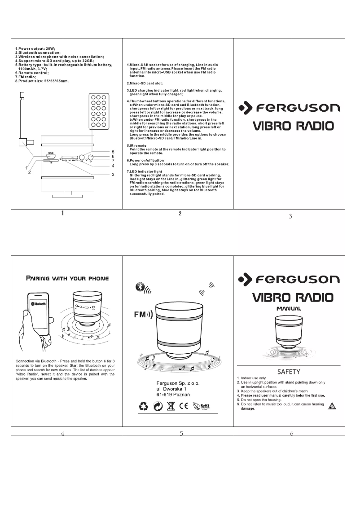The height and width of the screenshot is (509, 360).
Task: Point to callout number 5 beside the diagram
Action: coord(113,152)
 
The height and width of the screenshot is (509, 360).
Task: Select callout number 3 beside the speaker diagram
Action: coord(113,174)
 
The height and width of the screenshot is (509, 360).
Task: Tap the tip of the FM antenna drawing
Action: coord(22,95)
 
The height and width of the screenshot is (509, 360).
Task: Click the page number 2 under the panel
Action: coord(180,213)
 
